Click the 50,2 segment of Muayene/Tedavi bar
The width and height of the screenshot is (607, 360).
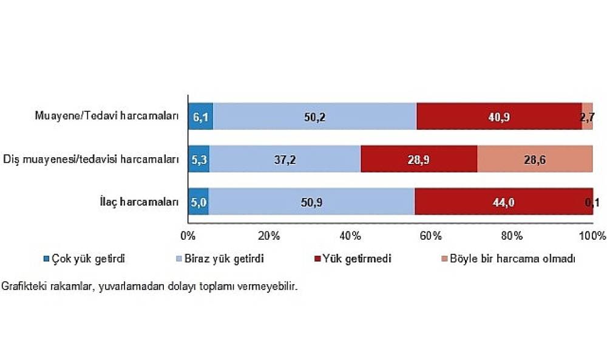tap(314, 117)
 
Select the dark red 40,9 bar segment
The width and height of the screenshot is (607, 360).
tap(499, 117)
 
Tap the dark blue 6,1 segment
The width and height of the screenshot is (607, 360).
tap(200, 117)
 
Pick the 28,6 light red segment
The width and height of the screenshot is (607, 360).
tap(535, 159)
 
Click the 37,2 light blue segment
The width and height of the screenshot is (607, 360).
tap(285, 159)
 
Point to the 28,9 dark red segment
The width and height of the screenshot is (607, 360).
tap(419, 159)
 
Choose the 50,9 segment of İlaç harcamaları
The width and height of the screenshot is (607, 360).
tap(311, 202)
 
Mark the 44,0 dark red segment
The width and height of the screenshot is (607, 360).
tap(503, 202)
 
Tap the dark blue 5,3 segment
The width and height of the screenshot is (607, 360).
tap(198, 159)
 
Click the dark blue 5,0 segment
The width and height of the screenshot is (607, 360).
tap(198, 202)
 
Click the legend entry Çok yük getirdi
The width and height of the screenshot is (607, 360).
tap(88, 259)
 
